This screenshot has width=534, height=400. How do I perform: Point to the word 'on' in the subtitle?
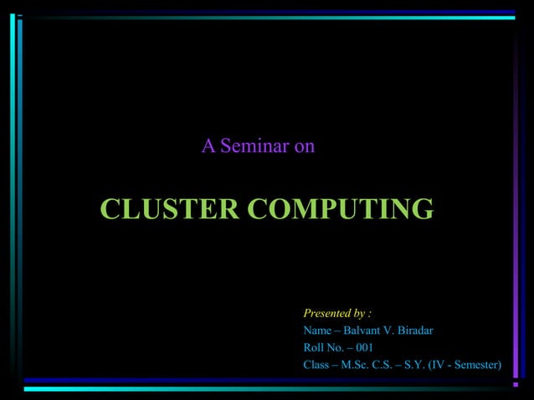point(304,146)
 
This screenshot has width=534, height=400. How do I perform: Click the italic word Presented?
point(327,313)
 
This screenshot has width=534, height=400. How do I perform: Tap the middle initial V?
point(388,331)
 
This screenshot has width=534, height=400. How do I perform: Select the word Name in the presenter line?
point(317,331)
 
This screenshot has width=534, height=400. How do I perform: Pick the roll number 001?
point(364,347)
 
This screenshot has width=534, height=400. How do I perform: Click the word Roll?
point(314,347)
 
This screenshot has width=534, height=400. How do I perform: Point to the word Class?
point(317,365)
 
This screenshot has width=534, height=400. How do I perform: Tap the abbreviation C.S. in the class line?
point(390,365)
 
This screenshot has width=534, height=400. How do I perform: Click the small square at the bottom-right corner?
point(515,386)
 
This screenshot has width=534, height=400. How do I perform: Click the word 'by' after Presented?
point(360,313)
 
